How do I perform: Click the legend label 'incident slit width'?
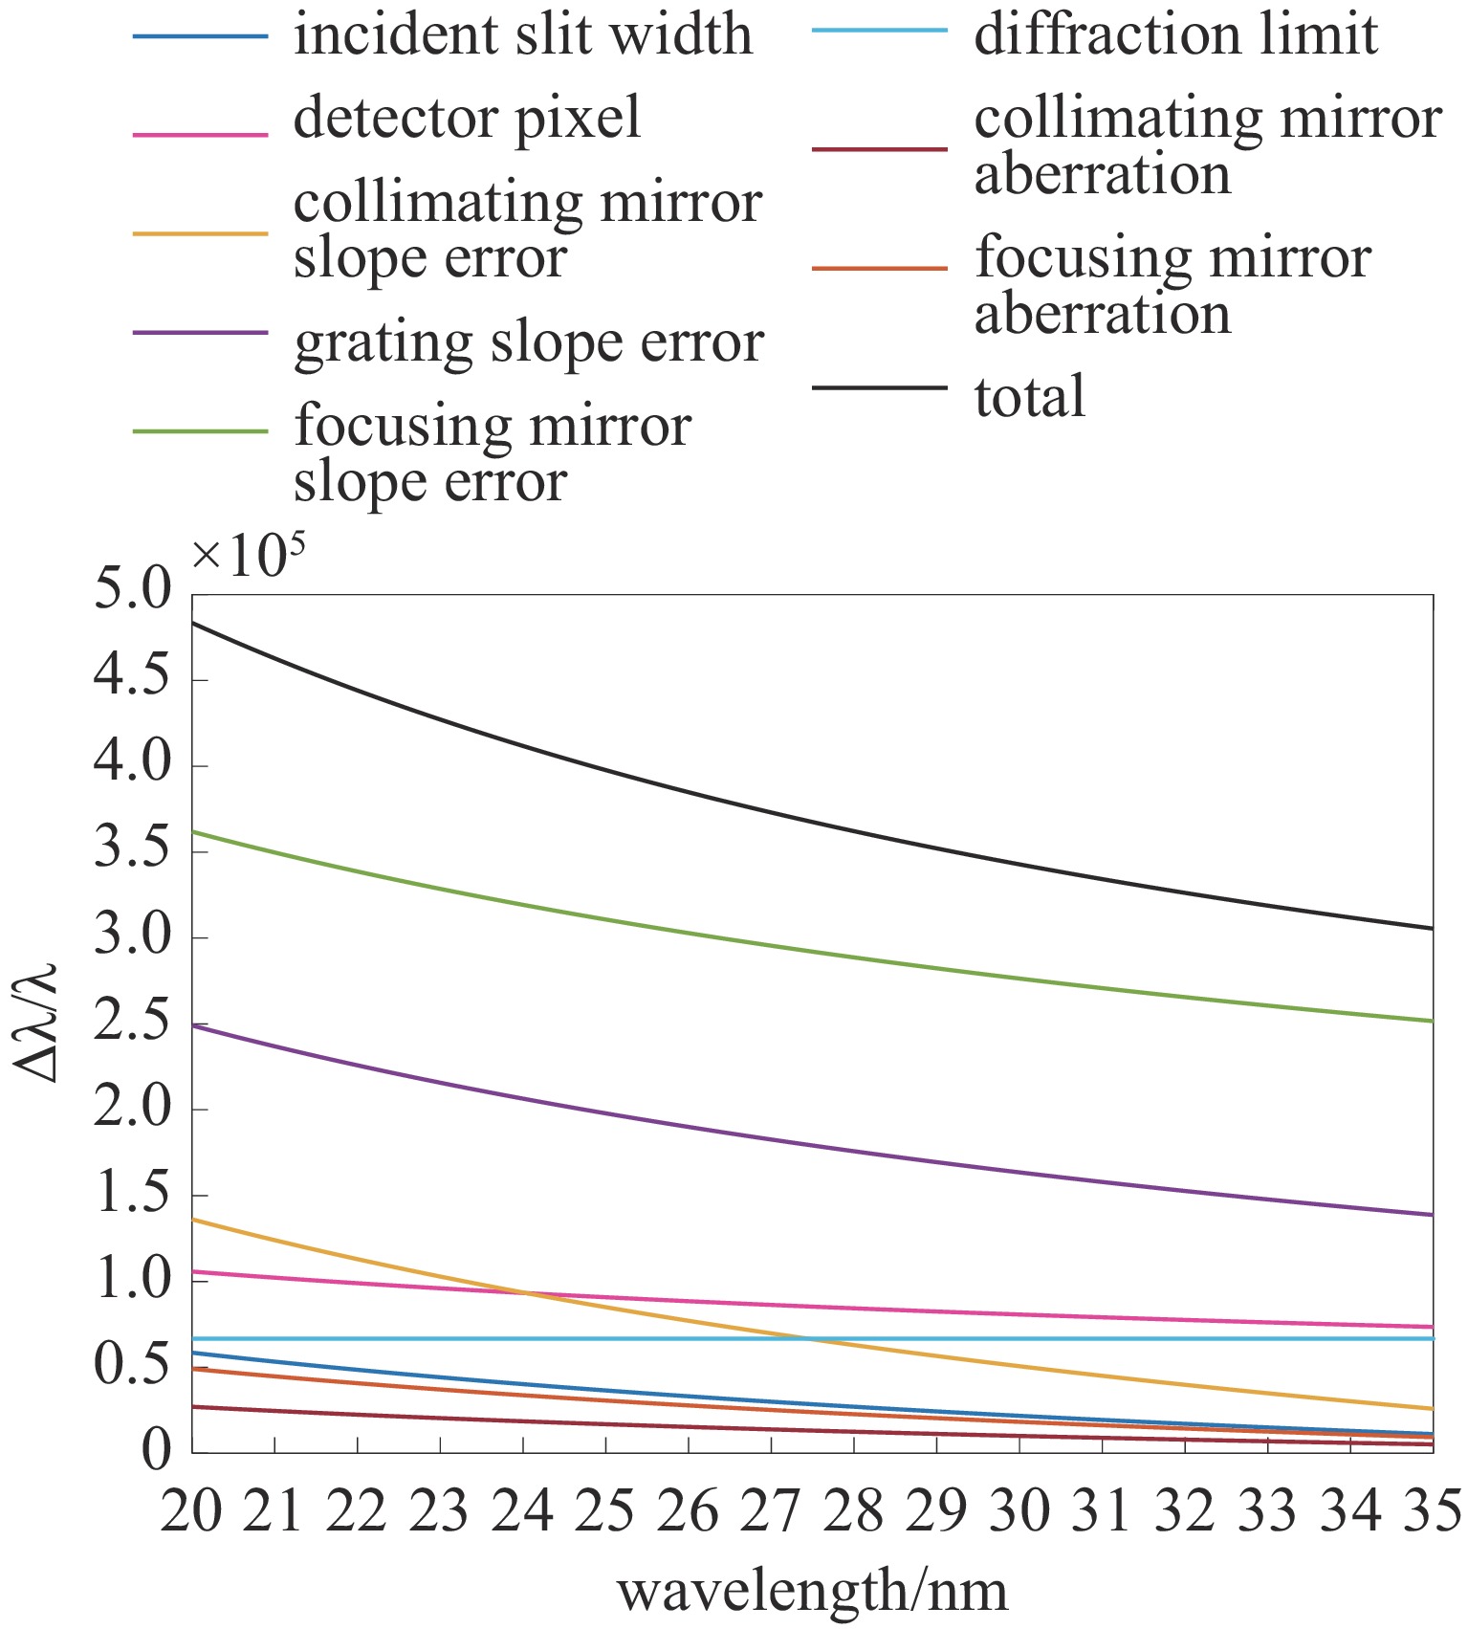coord(522,35)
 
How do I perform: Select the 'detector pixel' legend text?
coord(467,119)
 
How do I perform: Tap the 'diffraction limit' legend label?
coord(1175,35)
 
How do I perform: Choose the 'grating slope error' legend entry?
coord(528,342)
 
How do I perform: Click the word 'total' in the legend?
coord(1029,396)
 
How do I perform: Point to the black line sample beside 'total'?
coord(879,387)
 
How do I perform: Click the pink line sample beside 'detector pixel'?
coord(200,134)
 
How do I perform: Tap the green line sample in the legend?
coord(200,431)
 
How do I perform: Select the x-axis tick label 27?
coord(771,1512)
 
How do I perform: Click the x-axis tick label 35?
coord(1433,1512)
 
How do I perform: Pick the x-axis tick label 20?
coord(191,1512)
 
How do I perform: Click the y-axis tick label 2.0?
coord(132,1108)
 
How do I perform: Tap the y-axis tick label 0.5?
coord(132,1366)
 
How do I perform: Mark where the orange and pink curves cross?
coord(524,1293)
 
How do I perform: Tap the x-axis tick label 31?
coord(1102,1512)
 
